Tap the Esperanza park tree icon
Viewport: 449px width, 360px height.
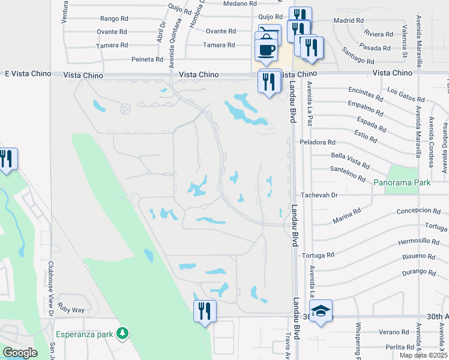coord(122,332)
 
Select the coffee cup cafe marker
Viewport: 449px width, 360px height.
coord(266,49)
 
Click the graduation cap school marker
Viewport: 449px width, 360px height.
coord(321,311)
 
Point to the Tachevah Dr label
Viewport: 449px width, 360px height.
coord(319,194)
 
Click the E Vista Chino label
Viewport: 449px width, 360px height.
coord(25,73)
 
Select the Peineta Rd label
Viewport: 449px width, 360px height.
coord(148,59)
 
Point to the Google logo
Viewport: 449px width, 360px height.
coord(19,352)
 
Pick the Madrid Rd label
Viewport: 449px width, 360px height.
coord(348,20)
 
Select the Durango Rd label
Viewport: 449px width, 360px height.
coord(420,271)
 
